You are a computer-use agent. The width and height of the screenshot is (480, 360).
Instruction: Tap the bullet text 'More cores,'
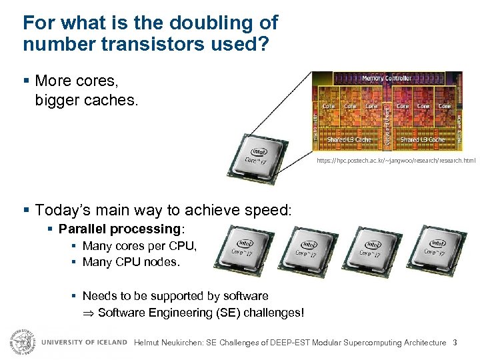76,81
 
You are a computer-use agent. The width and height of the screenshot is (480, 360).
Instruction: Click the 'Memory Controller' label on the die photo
386,78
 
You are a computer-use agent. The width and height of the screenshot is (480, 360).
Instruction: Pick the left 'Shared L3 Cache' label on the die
349,140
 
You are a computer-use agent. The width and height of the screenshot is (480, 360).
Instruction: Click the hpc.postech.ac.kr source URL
396,161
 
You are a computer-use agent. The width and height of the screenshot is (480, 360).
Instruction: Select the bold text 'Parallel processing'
119,229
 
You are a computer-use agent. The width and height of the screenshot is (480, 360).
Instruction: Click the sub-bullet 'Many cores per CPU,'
139,246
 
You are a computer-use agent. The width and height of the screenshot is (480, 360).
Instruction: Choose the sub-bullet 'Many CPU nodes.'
131,262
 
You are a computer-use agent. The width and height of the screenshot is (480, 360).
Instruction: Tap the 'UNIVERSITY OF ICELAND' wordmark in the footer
84,342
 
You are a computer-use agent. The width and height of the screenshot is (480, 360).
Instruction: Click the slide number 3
455,343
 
